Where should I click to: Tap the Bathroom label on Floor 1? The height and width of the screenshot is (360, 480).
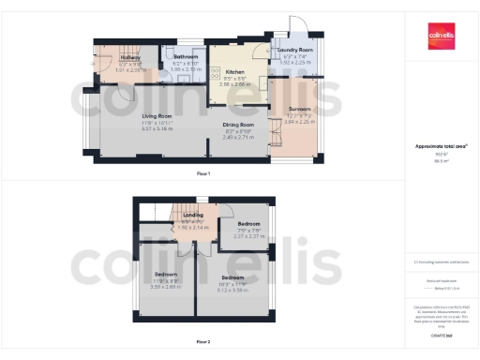pos(186,57)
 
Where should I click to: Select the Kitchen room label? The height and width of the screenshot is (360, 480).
pos(233,71)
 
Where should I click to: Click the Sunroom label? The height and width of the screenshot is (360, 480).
pos(297,110)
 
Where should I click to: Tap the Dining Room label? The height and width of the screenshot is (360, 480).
pos(238,125)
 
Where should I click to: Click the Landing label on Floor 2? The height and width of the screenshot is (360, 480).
pos(191,215)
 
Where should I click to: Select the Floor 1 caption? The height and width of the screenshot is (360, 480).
pos(203,173)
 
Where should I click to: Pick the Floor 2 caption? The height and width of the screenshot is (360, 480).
pos(203,341)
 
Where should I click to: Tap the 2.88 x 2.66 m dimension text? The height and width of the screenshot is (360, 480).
pos(233,84)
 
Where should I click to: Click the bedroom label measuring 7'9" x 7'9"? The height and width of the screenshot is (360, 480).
pos(248,223)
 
